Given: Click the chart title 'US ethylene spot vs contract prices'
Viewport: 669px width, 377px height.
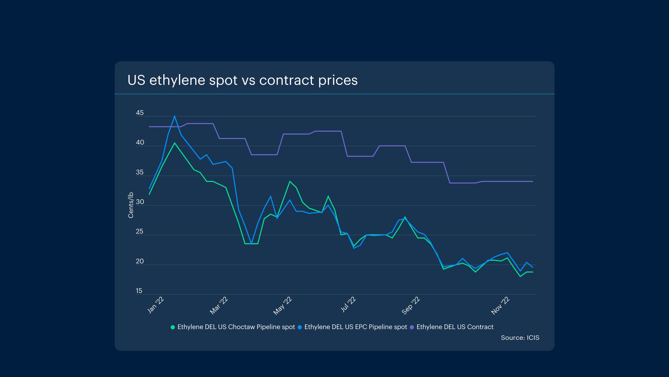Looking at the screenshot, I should point(242,80).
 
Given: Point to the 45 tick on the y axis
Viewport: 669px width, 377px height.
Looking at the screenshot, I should point(140,113).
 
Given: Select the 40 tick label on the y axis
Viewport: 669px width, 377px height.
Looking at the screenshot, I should point(140,142).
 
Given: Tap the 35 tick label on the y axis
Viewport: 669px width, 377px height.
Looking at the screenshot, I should point(140,172).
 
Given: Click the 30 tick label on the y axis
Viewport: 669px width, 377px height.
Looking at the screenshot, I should point(140,202).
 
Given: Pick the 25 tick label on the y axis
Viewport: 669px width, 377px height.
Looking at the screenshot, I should point(140,231).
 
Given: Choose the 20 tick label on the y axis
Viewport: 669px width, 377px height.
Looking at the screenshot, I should point(140,261).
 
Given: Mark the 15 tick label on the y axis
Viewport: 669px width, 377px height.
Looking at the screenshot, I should point(139,291).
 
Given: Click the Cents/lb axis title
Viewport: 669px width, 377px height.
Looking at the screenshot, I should point(131,205).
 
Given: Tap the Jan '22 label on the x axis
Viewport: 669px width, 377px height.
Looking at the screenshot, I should point(156,305).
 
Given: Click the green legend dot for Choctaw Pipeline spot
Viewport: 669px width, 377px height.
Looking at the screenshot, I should point(172,327).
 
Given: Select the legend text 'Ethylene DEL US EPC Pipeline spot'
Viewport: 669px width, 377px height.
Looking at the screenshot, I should point(356,327).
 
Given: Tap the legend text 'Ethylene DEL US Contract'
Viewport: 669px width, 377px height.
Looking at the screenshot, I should point(455,327).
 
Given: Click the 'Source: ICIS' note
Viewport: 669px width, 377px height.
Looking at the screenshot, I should point(520,338).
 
